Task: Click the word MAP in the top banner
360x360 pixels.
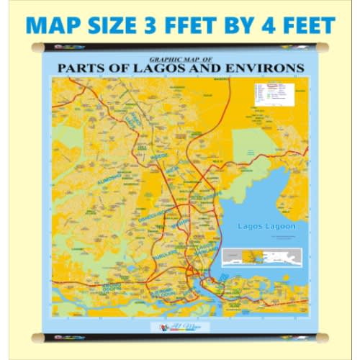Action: pos(54,25)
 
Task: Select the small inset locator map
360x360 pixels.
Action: pos(259,258)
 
